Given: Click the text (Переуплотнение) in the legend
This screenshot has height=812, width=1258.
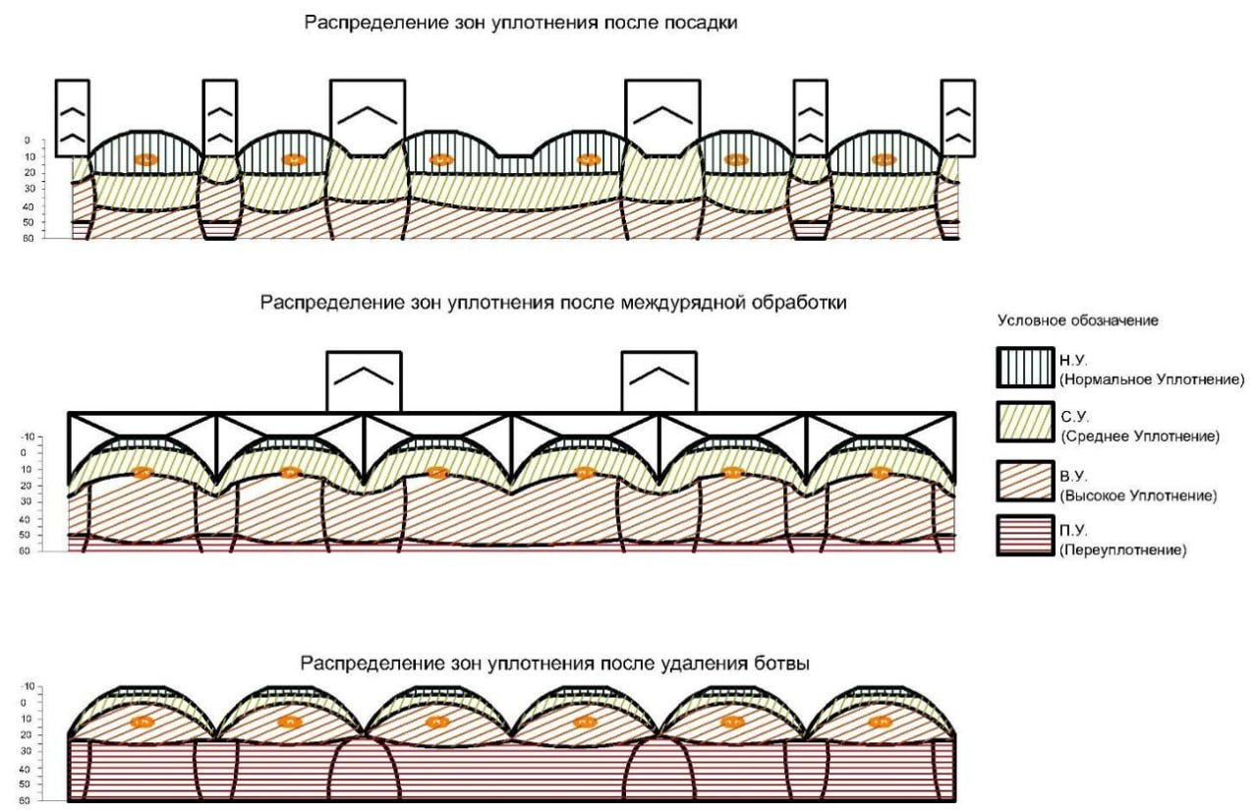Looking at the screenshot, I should click(1123, 551).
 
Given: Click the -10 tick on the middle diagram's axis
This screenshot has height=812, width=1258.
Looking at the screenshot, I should click(28, 435).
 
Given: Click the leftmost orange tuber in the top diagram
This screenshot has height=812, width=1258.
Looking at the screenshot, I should click(145, 159).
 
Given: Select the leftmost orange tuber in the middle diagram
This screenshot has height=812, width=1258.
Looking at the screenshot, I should click(143, 472).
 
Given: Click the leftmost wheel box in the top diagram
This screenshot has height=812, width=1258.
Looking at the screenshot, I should click(73, 117).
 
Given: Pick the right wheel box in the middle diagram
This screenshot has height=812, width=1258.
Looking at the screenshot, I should click(659, 380).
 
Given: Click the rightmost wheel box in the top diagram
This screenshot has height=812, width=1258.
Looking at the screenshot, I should click(957, 117).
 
